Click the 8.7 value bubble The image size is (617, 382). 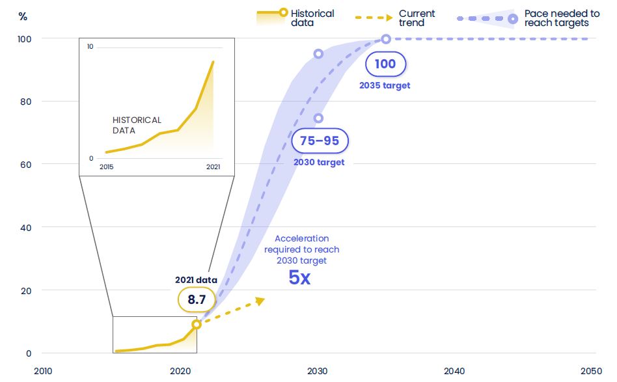(x=197, y=299)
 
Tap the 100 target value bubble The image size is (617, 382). (x=385, y=64)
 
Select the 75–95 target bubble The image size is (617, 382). (x=319, y=141)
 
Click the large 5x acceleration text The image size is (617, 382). (x=299, y=279)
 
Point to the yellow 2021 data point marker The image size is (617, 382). (x=197, y=324)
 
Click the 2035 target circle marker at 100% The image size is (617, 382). (x=386, y=39)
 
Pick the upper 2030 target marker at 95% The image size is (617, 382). (x=318, y=54)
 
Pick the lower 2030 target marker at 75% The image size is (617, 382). (x=318, y=118)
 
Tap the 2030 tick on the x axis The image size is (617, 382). (x=318, y=371)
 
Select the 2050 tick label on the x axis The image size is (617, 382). (x=591, y=371)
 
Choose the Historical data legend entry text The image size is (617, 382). (x=312, y=18)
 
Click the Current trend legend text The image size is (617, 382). (x=417, y=18)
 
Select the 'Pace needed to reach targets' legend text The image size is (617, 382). (x=561, y=18)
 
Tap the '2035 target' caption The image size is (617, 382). (x=385, y=86)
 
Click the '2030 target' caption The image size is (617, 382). (x=318, y=162)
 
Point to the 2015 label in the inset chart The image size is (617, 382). (x=106, y=167)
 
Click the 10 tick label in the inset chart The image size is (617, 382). (x=90, y=47)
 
